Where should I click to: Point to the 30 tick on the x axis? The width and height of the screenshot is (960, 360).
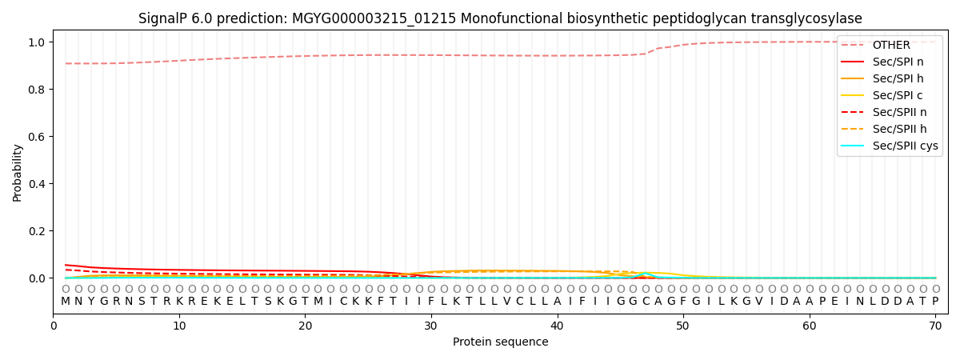pyautogui.click(x=431, y=326)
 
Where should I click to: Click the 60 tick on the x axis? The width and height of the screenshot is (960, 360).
pyautogui.click(x=810, y=326)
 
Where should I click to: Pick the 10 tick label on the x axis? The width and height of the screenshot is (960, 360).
pyautogui.click(x=179, y=326)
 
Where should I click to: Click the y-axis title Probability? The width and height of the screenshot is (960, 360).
pyautogui.click(x=18, y=172)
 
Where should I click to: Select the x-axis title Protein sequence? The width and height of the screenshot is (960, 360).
pyautogui.click(x=501, y=342)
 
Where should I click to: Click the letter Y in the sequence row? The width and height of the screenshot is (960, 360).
pyautogui.click(x=90, y=302)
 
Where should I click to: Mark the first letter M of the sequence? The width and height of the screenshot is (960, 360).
pyautogui.click(x=66, y=302)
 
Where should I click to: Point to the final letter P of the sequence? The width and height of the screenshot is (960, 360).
pyautogui.click(x=935, y=302)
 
